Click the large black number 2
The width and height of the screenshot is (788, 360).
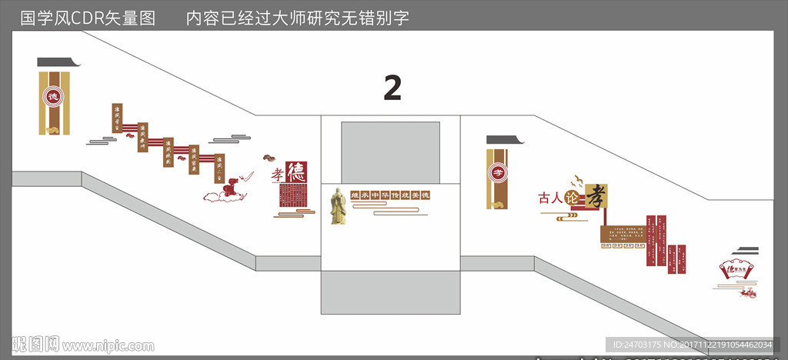tap(392, 88)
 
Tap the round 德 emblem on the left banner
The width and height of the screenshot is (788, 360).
tap(53, 97)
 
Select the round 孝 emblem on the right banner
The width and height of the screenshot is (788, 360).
tap(498, 172)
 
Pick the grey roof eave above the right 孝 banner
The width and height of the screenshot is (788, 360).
tap(504, 140)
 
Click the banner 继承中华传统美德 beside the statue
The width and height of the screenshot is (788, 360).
tap(389, 195)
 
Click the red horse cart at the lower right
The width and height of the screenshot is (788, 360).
tap(746, 291)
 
